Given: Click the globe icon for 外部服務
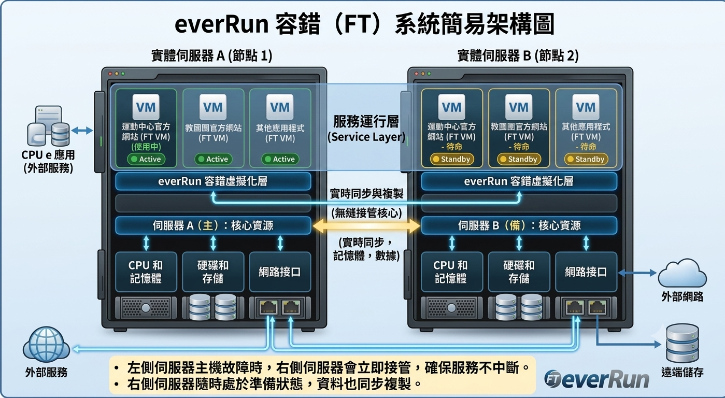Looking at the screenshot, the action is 46,345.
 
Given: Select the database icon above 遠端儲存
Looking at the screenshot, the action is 683,343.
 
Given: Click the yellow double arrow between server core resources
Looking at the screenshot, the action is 366,225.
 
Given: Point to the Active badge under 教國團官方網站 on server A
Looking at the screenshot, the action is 214,159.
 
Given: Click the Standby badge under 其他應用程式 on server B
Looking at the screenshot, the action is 586,159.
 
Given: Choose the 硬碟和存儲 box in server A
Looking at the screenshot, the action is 213,272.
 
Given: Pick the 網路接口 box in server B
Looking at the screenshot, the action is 586,272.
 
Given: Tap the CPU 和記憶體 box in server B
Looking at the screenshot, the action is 451,272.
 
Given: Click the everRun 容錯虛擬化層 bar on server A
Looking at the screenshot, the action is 213,181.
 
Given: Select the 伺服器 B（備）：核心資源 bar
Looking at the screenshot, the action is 519,225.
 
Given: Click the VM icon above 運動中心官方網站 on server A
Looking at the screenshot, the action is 146,107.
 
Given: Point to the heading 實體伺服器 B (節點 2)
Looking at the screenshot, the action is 518,55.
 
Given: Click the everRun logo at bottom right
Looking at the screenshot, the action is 596,379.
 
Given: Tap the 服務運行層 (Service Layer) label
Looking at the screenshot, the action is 366,129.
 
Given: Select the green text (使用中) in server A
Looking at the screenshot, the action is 146,147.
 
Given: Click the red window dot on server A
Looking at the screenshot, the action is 110,74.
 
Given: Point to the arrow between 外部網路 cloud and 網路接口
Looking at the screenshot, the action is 637,273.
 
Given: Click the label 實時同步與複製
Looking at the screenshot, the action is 366,194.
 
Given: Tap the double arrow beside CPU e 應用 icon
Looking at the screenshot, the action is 82,131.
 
